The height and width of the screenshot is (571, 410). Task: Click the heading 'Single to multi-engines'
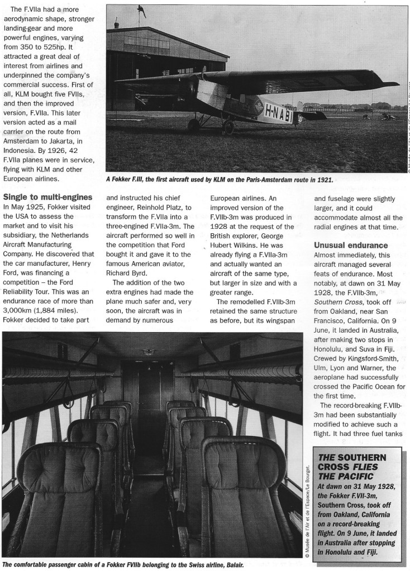47,196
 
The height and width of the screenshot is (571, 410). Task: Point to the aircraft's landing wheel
228,128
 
